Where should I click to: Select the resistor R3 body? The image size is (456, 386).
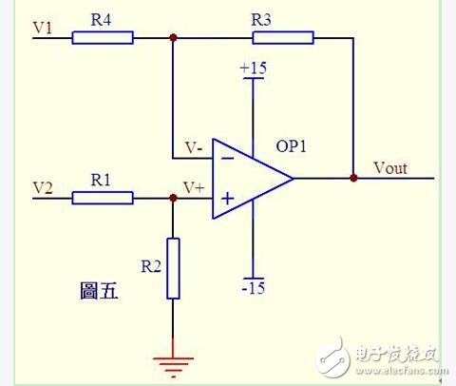pyautogui.click(x=283, y=38)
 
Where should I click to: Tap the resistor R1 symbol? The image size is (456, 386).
pyautogui.click(x=103, y=198)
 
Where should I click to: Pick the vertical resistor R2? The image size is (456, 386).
pyautogui.click(x=173, y=269)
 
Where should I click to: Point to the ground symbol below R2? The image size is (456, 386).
pyautogui.click(x=173, y=359)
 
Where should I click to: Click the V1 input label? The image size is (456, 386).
pyautogui.click(x=44, y=28)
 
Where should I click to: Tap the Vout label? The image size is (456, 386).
pyautogui.click(x=389, y=167)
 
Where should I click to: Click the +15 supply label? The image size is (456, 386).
pyautogui.click(x=254, y=69)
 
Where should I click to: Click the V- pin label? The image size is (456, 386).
pyautogui.click(x=193, y=147)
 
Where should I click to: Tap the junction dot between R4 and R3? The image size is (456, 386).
pyautogui.click(x=173, y=38)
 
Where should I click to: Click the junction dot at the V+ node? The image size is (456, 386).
pyautogui.click(x=173, y=198)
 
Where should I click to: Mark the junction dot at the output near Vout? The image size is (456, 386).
pyautogui.click(x=353, y=178)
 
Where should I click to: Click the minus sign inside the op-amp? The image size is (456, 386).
pyautogui.click(x=228, y=158)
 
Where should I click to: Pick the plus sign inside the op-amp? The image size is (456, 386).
pyautogui.click(x=228, y=199)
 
